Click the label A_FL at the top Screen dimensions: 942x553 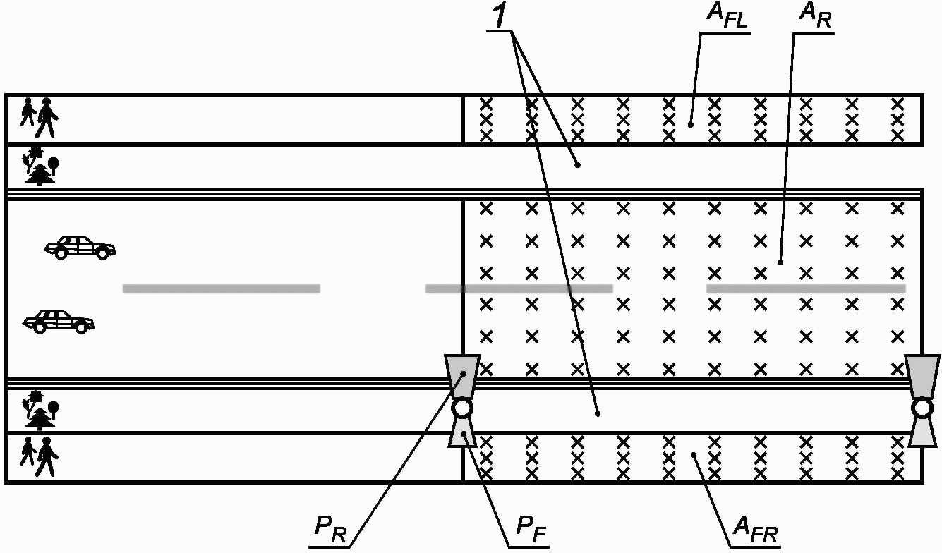pyautogui.click(x=727, y=16)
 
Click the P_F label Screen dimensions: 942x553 pyautogui.click(x=531, y=530)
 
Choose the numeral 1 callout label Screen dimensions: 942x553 pyautogui.click(x=500, y=16)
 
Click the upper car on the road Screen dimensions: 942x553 pyautogui.click(x=80, y=248)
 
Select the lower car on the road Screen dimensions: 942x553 pyautogui.click(x=58, y=322)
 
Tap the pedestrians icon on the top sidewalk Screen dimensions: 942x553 pyautogui.click(x=39, y=118)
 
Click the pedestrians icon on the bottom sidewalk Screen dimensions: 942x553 pyautogui.click(x=39, y=456)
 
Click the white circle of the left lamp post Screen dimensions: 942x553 pyautogui.click(x=461, y=408)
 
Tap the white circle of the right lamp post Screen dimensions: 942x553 pyautogui.click(x=922, y=408)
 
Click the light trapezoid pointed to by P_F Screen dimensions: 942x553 pyautogui.click(x=462, y=432)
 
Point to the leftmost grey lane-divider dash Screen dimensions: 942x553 pyautogui.click(x=221, y=288)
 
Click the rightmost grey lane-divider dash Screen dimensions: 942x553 pyautogui.click(x=806, y=288)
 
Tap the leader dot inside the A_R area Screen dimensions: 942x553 pyautogui.click(x=780, y=263)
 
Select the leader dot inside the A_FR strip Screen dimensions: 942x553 pyautogui.click(x=694, y=454)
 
